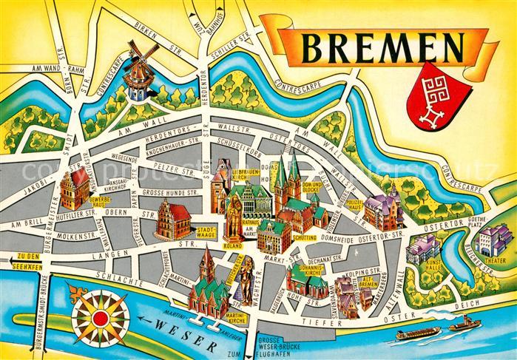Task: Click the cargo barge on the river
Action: point(416,334)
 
